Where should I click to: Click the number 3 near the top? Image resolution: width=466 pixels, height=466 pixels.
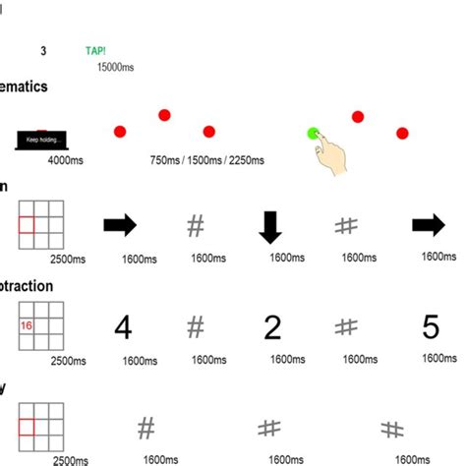click(43, 50)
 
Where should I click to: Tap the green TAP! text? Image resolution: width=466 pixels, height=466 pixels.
click(98, 51)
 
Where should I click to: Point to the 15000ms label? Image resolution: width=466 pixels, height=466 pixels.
click(116, 67)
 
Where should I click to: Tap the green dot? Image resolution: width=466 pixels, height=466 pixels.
click(314, 133)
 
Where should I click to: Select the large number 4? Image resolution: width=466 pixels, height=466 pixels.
click(122, 327)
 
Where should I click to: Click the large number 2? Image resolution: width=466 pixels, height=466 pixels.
click(271, 327)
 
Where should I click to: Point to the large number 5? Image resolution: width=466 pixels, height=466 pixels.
click(431, 327)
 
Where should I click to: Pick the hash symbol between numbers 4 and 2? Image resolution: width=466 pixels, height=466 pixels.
click(196, 326)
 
